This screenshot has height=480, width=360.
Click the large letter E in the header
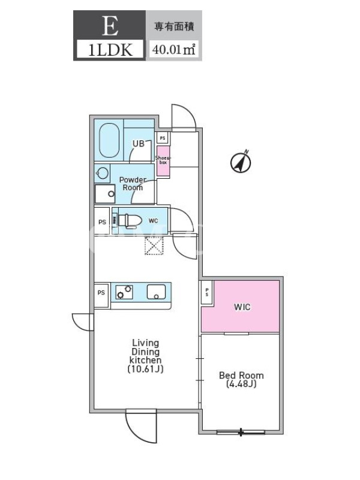(110, 26)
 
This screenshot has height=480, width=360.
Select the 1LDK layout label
(110, 50)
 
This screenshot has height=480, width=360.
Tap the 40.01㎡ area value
(173, 49)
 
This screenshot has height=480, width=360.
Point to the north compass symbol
(241, 161)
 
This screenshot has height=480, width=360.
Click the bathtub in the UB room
(109, 141)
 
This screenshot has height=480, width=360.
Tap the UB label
(139, 143)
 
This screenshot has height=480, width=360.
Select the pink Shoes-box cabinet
(163, 161)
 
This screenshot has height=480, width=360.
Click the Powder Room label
(133, 184)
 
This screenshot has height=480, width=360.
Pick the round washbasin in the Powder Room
(103, 173)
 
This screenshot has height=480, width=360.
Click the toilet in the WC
(130, 221)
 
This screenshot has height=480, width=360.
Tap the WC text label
(154, 221)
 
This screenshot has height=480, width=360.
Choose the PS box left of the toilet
(102, 221)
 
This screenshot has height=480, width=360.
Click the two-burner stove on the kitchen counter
(124, 292)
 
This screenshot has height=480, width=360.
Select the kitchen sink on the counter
(156, 292)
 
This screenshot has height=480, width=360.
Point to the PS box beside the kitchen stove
(101, 293)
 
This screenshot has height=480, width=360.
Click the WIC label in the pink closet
(242, 307)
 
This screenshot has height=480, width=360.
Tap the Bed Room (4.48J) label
(241, 379)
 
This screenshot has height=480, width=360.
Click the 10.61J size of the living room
(145, 369)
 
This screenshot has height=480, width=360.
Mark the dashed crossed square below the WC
(154, 245)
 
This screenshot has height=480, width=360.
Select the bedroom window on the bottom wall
(241, 432)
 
